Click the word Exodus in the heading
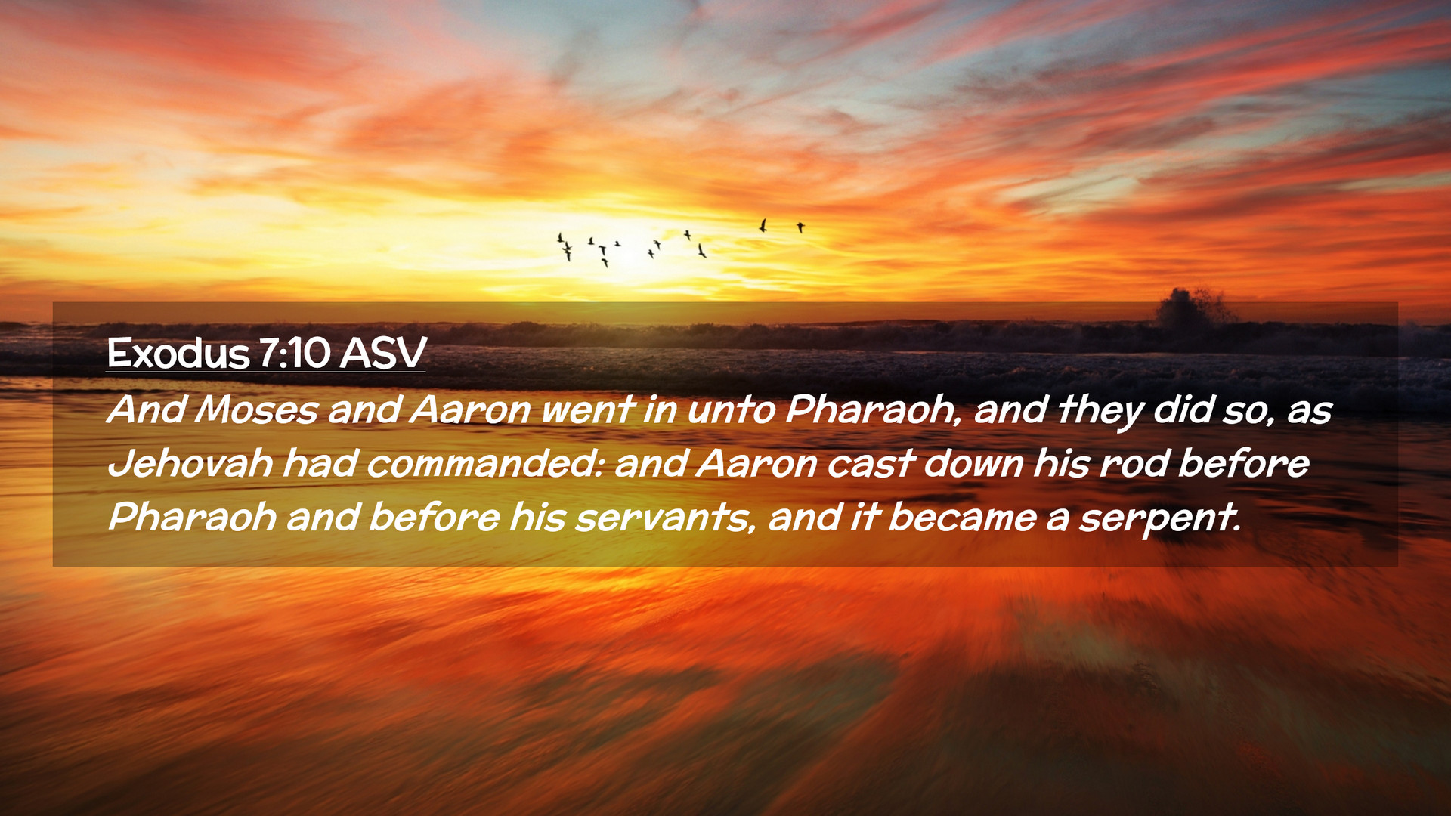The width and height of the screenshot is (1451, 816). (178, 353)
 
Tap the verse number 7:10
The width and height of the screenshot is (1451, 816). (295, 353)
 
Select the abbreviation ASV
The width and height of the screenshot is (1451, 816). (383, 353)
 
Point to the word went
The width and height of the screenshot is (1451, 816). (587, 410)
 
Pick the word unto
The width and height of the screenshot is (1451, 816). (731, 410)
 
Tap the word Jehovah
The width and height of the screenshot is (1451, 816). (190, 463)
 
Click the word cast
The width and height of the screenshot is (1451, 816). (871, 464)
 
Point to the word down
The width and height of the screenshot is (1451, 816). (973, 463)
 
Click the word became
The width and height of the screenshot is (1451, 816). (962, 518)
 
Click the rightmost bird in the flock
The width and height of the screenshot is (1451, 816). (800, 227)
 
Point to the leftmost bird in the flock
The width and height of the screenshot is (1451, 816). (560, 238)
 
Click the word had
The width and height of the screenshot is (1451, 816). (320, 463)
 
